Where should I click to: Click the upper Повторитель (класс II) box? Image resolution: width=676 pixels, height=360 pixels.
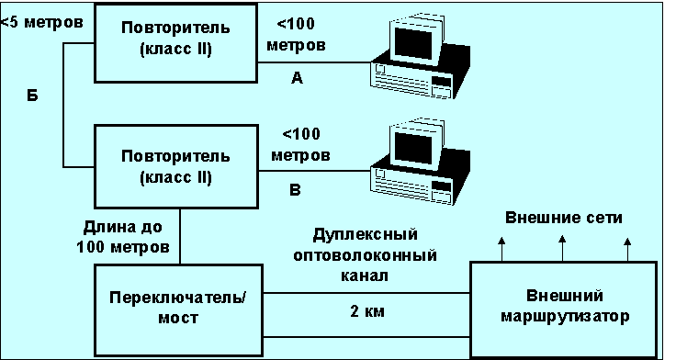tap(176, 43)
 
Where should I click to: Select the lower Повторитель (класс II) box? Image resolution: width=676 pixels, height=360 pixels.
tap(176, 167)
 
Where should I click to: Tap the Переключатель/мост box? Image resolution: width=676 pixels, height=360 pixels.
tap(178, 310)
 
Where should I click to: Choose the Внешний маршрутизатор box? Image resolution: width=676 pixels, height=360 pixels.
tap(564, 309)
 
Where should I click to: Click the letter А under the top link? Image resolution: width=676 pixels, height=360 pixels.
tap(297, 78)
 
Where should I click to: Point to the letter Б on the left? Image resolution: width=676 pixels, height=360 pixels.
tap(32, 96)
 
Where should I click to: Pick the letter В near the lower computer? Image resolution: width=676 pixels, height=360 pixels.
tap(295, 190)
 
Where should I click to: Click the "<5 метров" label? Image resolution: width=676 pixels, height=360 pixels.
tap(42, 22)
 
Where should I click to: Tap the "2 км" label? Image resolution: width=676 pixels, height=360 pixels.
tap(366, 310)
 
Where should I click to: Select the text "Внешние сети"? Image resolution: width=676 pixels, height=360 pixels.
tap(563, 218)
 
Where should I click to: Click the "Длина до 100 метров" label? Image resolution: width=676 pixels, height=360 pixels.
tap(123, 237)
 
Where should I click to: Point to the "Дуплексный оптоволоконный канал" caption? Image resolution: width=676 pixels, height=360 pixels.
tap(365, 254)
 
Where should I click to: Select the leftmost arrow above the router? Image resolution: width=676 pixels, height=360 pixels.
tap(501, 249)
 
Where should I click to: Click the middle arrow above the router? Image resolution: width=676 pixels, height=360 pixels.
tap(562, 248)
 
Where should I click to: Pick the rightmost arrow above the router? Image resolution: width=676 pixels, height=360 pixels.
tap(627, 249)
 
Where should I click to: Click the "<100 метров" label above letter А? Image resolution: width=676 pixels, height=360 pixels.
tap(296, 34)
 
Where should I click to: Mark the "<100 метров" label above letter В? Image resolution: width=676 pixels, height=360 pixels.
tap(300, 144)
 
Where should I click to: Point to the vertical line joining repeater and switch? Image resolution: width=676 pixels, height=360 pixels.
tap(180, 236)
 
